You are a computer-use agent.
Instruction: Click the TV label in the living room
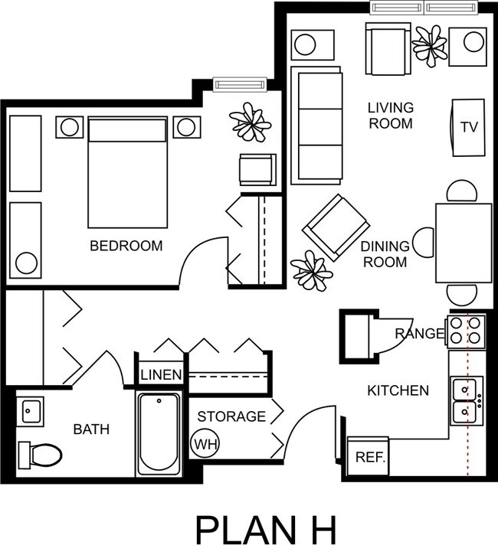point(469,127)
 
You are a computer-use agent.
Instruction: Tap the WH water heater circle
point(204,443)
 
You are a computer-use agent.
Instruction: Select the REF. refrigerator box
point(370,457)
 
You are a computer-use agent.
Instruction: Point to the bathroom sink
point(31,411)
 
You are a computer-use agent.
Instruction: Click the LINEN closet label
point(161,375)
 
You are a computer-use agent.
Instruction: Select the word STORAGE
point(231,417)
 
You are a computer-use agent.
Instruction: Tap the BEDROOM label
point(126,246)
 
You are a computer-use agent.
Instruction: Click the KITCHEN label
point(398,391)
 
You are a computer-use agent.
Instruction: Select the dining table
point(464,243)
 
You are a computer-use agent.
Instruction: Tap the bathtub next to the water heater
point(159,432)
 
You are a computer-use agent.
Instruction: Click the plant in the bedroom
point(250,121)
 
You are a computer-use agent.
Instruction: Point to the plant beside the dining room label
point(312,269)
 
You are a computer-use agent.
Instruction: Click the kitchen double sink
point(466,400)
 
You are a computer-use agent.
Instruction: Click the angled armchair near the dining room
point(336,227)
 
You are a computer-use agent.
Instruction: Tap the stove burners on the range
point(467,329)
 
